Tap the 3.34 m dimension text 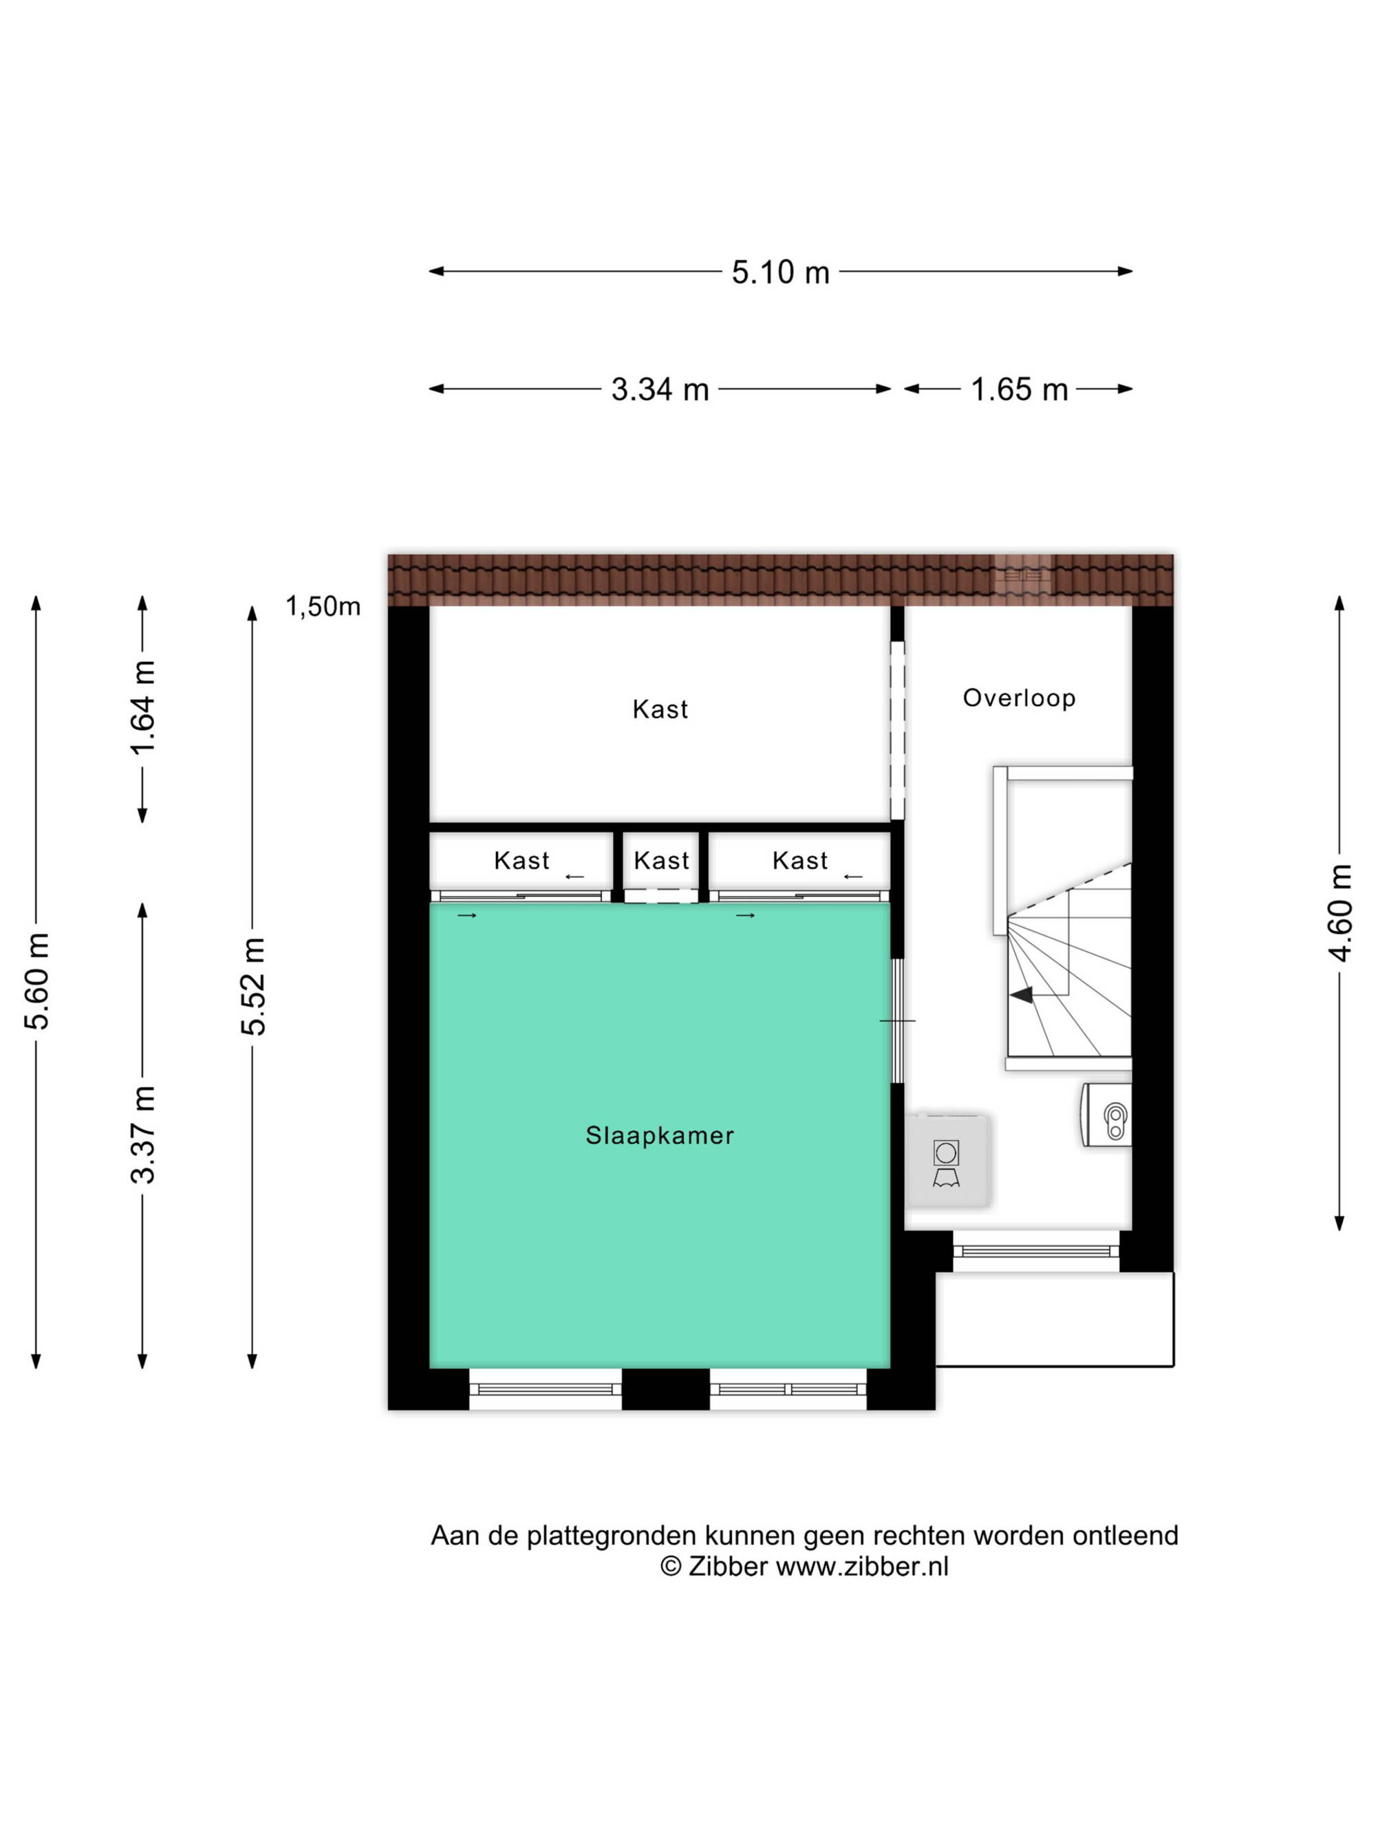point(660,389)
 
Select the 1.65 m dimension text point(1020,389)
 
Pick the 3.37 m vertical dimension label point(142,1134)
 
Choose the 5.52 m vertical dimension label point(253,987)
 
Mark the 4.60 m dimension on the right point(1340,912)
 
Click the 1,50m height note point(323,606)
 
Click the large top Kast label point(660,710)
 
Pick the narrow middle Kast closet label point(662,861)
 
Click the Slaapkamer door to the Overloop point(897,1020)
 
